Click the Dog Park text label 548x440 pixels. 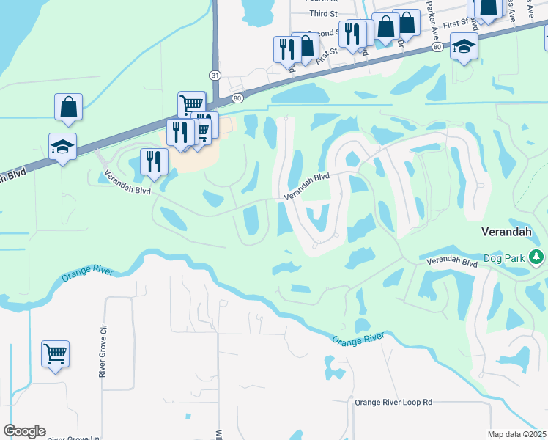(x=506, y=259)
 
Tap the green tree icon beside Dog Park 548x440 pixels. (x=537, y=257)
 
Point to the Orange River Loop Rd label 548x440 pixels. (x=393, y=402)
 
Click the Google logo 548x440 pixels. (x=24, y=431)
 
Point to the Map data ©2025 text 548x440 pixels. (x=517, y=434)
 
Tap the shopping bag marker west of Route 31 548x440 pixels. (x=68, y=107)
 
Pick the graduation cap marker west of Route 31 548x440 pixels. (x=63, y=147)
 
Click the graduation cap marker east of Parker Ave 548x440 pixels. (x=463, y=46)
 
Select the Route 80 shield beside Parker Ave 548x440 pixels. (x=437, y=47)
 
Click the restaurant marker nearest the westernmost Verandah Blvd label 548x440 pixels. (x=152, y=161)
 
